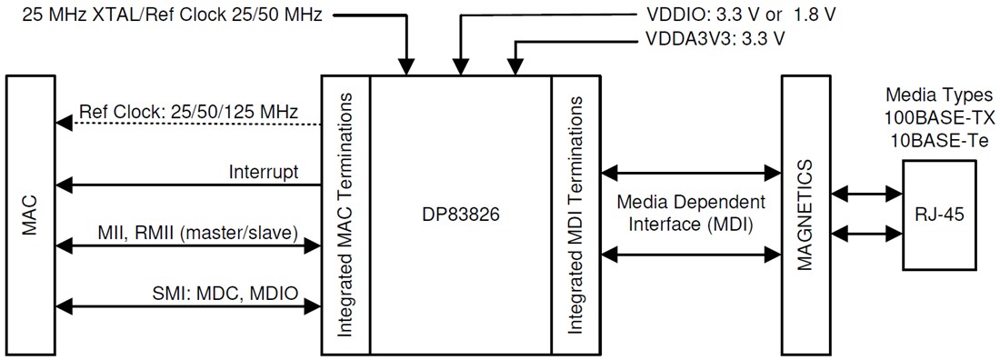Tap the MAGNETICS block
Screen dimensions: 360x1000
tap(805, 215)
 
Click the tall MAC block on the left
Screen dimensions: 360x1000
tap(31, 215)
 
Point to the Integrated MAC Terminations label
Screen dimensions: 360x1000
tap(345, 215)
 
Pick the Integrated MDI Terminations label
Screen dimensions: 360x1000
tap(575, 215)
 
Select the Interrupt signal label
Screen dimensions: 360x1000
tap(264, 171)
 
